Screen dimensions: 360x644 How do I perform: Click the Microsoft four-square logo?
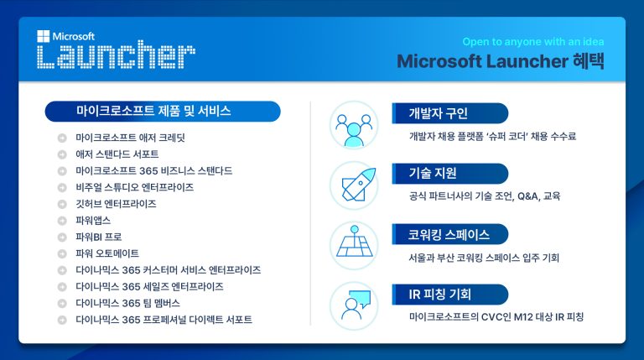44,37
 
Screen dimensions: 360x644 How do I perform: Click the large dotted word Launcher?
116,56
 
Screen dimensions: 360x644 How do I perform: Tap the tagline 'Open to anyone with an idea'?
532,42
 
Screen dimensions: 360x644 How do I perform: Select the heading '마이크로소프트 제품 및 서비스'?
153,111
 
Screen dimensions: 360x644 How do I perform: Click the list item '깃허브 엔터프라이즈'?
116,204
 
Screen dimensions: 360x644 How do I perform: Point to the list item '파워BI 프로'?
98,237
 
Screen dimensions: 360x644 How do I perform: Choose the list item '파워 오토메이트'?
106,253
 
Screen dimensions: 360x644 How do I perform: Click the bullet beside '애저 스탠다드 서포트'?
62,154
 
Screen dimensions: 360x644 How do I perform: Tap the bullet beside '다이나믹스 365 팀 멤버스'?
62,303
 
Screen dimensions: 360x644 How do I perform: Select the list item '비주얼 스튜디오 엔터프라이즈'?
134,187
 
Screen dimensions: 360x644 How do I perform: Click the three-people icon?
354,126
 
